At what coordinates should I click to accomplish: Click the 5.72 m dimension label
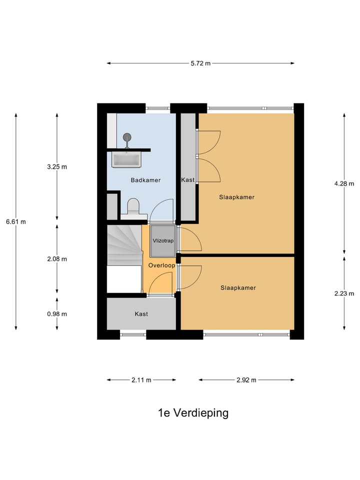200,63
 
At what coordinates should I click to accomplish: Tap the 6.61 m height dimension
16,222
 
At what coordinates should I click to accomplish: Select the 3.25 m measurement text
57,167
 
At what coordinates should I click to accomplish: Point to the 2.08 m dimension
57,259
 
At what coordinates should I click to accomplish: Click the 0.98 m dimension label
57,314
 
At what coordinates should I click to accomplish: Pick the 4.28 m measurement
344,183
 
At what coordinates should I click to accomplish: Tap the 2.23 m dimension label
344,293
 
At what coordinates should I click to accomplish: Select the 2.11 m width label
141,380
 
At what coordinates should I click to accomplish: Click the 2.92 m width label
246,380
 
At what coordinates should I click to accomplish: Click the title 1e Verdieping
193,413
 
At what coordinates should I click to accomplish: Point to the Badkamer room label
145,180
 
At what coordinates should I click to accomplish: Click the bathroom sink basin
126,159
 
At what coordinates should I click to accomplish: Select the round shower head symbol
126,137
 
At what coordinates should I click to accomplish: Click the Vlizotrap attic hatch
163,240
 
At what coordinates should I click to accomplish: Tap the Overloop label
161,265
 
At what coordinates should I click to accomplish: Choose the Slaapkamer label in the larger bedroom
236,197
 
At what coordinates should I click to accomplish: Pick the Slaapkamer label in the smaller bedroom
238,288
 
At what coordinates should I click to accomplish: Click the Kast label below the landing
141,314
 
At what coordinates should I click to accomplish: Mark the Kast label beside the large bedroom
187,180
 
